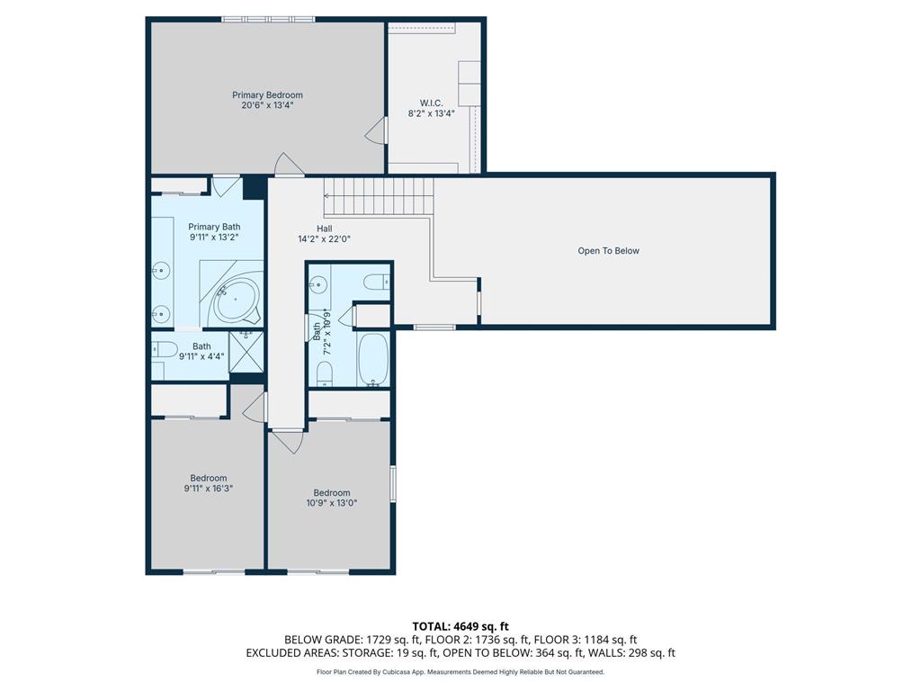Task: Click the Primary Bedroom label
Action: pyautogui.click(x=267, y=95)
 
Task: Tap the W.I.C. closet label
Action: pyautogui.click(x=431, y=103)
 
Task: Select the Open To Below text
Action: pyautogui.click(x=609, y=251)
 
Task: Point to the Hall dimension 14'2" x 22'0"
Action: pyautogui.click(x=324, y=239)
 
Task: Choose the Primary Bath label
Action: pyautogui.click(x=214, y=227)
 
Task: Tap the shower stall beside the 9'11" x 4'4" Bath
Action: pyautogui.click(x=246, y=352)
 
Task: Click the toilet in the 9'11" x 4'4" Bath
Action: pyautogui.click(x=165, y=350)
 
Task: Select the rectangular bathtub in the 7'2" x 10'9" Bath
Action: pyautogui.click(x=373, y=360)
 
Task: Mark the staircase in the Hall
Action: pyautogui.click(x=379, y=196)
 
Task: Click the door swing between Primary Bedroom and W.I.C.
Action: pyautogui.click(x=376, y=130)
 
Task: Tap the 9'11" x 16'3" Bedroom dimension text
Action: pyautogui.click(x=209, y=489)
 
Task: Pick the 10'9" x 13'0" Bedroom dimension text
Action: pyautogui.click(x=332, y=503)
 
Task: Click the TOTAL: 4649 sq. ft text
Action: pyautogui.click(x=460, y=626)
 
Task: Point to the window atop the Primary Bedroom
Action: pyautogui.click(x=268, y=20)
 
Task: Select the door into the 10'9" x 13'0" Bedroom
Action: pyautogui.click(x=288, y=442)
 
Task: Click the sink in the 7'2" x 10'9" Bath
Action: pyautogui.click(x=317, y=285)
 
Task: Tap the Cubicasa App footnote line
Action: pyautogui.click(x=460, y=672)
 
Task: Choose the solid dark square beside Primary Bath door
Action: pyautogui.click(x=255, y=187)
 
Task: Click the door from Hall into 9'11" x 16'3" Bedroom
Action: pyautogui.click(x=255, y=407)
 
